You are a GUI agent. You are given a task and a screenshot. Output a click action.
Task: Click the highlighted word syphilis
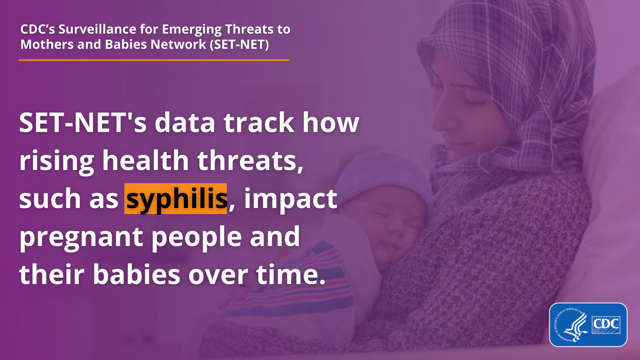click(x=176, y=199)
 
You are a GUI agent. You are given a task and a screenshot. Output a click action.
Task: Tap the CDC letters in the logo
click(x=606, y=324)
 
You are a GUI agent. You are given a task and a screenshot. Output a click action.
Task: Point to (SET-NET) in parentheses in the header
click(x=239, y=44)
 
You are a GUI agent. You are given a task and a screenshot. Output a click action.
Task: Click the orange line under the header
click(x=154, y=60)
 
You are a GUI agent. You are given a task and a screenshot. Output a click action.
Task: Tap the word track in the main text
click(x=259, y=122)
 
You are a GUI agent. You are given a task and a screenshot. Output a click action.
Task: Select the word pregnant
click(x=81, y=238)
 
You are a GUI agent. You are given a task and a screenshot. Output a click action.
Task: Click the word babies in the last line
click(x=136, y=274)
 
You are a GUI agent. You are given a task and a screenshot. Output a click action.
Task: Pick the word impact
click(x=290, y=200)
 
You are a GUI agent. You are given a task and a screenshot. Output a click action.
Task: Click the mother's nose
click(x=440, y=120)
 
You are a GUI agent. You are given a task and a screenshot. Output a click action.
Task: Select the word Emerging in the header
click(x=192, y=30)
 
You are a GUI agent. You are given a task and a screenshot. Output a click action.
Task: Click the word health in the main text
click(x=146, y=160)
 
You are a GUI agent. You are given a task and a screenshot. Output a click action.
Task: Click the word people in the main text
click(x=196, y=238)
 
